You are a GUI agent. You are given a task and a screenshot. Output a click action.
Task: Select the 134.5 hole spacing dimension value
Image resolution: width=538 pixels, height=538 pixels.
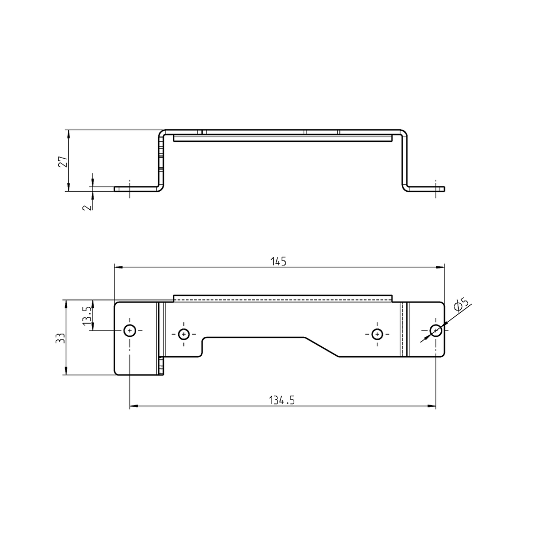pos(282,400)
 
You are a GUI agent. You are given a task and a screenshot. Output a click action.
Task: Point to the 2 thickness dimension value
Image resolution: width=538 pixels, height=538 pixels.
pos(87,205)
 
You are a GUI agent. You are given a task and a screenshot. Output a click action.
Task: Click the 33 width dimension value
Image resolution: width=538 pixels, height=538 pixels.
pos(60,338)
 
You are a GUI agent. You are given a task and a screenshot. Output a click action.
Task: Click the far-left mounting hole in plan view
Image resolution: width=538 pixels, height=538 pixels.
pos(130,330)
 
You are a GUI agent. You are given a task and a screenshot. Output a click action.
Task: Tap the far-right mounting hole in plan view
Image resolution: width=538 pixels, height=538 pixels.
pos(436,330)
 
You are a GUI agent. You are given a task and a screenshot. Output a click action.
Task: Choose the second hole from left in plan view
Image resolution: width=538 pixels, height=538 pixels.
pos(183,334)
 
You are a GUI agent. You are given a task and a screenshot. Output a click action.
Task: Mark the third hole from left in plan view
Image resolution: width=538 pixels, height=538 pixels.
pos(377,334)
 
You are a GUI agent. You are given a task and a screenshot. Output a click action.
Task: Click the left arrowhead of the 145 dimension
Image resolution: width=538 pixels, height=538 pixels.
pos(118,267)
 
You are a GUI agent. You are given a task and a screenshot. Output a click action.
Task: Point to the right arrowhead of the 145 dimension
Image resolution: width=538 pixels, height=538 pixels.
pos(441,267)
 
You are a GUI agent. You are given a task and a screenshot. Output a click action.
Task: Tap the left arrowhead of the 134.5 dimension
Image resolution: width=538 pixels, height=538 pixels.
pos(133,406)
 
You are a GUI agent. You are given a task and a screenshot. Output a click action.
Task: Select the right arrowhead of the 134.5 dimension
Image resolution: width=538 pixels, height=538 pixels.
pos(432,406)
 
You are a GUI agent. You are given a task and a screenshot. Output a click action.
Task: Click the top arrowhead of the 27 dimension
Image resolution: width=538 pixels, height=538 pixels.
pos(68,133)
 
